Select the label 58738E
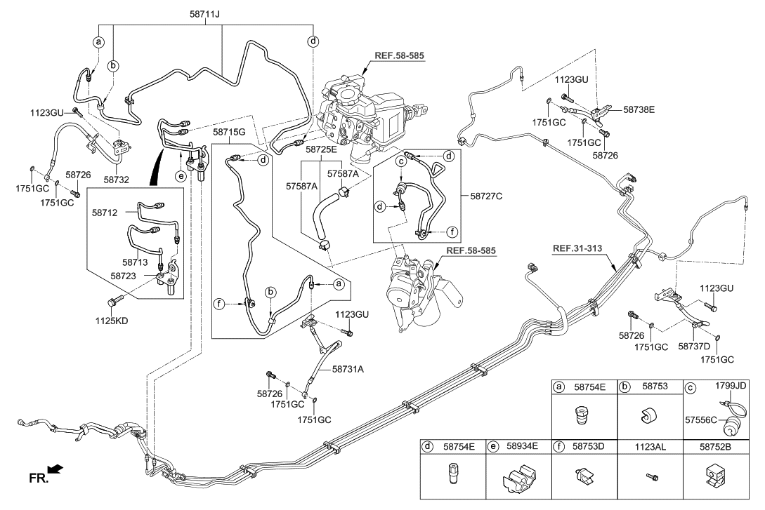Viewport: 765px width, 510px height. point(639,110)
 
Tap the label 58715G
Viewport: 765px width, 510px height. point(230,133)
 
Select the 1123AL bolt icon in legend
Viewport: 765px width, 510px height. point(650,479)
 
